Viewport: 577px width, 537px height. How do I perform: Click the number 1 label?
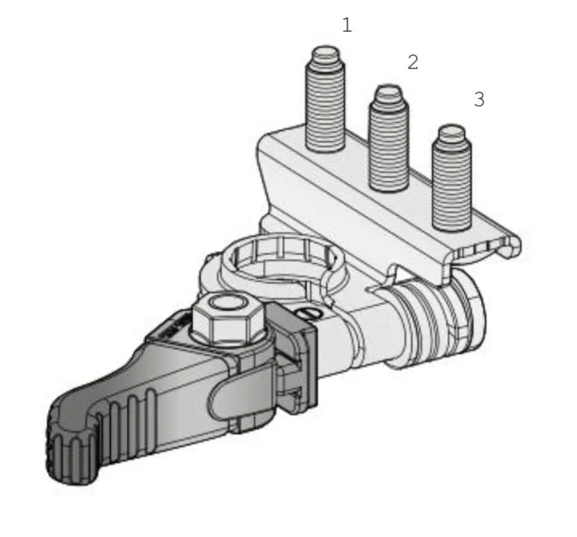point(347,25)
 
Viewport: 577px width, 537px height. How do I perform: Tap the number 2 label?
point(413,62)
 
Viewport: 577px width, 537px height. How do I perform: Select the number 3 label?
point(479,99)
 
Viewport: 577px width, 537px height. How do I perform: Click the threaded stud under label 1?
point(325,99)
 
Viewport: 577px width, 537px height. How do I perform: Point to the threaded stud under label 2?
point(389,138)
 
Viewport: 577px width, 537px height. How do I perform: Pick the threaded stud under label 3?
point(451,178)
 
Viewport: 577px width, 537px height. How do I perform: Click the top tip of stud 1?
point(325,47)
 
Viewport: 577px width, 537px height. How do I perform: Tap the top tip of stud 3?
point(452,126)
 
